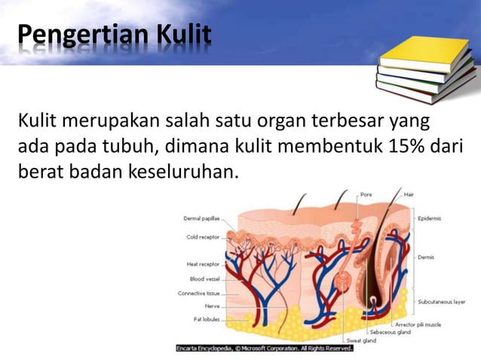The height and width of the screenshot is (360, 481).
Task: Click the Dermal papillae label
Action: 201,219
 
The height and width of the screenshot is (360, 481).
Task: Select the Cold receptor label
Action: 203,236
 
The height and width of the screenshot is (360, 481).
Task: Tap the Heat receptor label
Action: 203,264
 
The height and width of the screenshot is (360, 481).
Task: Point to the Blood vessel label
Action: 204,279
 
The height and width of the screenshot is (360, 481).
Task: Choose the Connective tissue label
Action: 199,293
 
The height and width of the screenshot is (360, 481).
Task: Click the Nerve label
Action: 212,306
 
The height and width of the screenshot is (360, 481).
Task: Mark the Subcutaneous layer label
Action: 441,302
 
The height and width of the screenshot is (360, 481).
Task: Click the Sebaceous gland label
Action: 390,331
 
